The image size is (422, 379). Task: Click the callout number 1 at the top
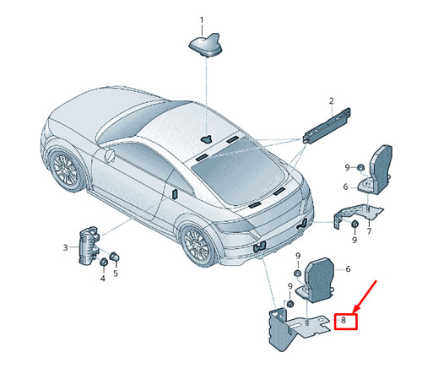(202, 20)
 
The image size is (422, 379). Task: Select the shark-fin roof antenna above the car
(206, 45)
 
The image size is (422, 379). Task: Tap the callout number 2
(332, 101)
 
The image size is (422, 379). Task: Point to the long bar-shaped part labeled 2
(327, 125)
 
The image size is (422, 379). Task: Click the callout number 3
(65, 247)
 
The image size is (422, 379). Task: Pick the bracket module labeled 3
(89, 246)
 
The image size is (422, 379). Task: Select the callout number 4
(103, 279)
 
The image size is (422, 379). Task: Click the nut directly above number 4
(104, 262)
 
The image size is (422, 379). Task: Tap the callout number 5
(116, 273)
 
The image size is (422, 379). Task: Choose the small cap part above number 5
(114, 257)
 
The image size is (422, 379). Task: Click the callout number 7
(370, 231)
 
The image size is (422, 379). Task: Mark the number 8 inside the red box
(344, 320)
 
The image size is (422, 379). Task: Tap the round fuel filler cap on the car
(110, 155)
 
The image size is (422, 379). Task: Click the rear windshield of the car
(239, 171)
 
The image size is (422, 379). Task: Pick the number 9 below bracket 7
(354, 240)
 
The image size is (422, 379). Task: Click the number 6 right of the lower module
(348, 269)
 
